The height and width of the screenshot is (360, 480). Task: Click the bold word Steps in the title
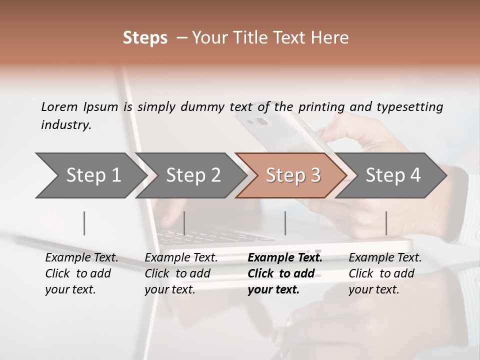pyautogui.click(x=145, y=38)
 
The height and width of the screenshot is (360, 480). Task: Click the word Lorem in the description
pyautogui.click(x=59, y=106)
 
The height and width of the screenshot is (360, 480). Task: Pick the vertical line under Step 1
pyautogui.click(x=84, y=223)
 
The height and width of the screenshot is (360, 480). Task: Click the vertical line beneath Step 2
pyautogui.click(x=184, y=223)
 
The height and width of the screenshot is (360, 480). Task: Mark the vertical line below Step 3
pyautogui.click(x=285, y=223)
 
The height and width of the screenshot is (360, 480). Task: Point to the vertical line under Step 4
pyautogui.click(x=386, y=223)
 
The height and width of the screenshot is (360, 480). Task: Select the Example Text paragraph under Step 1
pyautogui.click(x=81, y=273)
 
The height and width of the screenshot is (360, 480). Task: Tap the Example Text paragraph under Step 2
pyautogui.click(x=181, y=273)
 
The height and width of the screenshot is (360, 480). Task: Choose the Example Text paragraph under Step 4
pyautogui.click(x=385, y=273)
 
